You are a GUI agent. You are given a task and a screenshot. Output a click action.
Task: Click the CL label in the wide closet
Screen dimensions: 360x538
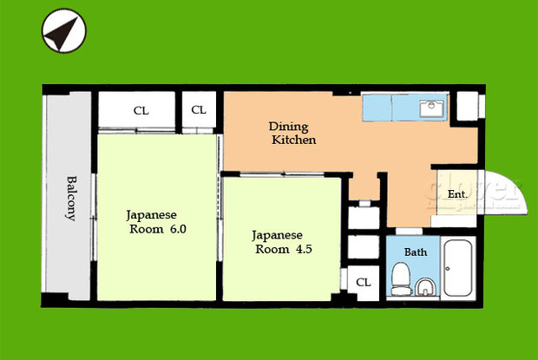[140, 110]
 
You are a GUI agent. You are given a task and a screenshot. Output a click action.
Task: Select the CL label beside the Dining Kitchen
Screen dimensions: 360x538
[199, 110]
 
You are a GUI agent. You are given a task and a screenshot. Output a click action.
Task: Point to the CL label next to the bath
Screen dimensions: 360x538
[364, 282]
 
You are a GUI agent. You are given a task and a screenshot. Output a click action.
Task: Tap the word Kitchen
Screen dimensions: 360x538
[293, 140]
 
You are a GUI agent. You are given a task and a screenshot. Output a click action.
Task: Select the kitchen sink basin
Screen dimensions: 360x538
[431, 108]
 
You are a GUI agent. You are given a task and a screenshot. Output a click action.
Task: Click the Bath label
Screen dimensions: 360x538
[416, 252]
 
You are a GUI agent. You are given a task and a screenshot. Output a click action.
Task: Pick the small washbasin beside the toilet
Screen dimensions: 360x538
[424, 287]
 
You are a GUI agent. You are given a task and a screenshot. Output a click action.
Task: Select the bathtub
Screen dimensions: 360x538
[456, 270]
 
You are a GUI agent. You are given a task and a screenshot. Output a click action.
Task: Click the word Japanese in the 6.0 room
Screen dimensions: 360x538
[151, 214]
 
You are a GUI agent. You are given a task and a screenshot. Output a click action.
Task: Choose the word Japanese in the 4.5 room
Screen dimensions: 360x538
[277, 235]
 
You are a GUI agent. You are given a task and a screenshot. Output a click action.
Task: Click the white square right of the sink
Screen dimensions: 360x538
[466, 107]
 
